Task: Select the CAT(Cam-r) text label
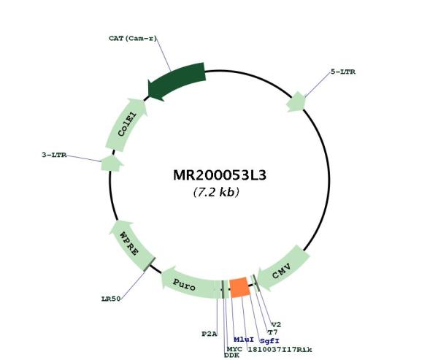point(133,38)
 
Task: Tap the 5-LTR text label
point(343,72)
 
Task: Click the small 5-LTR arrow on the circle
point(296,102)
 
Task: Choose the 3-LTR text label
point(54,155)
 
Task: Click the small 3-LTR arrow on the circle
point(112,164)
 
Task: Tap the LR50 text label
point(111,299)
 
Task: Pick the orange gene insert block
point(239,287)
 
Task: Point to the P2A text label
point(210,334)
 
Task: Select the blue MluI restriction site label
point(244,340)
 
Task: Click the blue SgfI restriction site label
point(269,341)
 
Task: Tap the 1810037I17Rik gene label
point(280,349)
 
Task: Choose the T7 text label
point(272,332)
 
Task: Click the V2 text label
point(276,325)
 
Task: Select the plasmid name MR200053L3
point(220,175)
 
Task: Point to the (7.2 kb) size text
point(216,192)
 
